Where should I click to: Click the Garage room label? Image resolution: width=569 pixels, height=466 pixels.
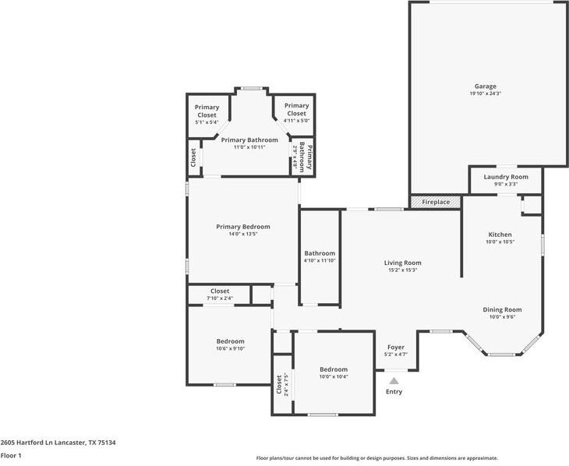(485, 86)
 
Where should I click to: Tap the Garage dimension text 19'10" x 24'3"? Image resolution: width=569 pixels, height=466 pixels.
(485, 94)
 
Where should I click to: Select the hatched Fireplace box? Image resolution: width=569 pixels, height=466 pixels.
(436, 202)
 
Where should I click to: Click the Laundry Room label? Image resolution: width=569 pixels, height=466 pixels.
(506, 177)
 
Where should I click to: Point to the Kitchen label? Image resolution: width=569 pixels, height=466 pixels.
(500, 235)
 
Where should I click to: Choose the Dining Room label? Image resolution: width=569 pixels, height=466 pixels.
(502, 309)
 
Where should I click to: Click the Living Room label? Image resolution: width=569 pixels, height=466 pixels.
(403, 263)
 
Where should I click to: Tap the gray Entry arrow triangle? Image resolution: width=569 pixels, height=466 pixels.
(394, 381)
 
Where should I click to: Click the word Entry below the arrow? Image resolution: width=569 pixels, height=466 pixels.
(394, 392)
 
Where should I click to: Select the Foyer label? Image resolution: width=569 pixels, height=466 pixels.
(396, 348)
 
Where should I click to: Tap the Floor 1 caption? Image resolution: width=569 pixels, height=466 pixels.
(11, 455)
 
